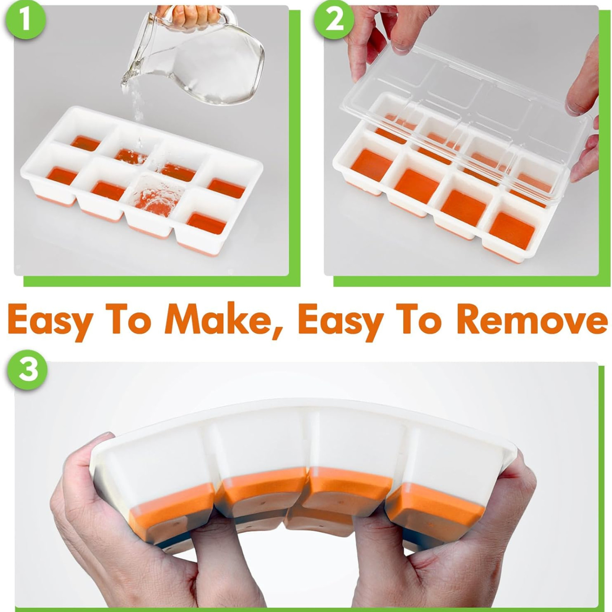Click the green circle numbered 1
pos(25,20)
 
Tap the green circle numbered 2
pos(334,20)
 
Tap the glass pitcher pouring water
pos(214,65)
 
